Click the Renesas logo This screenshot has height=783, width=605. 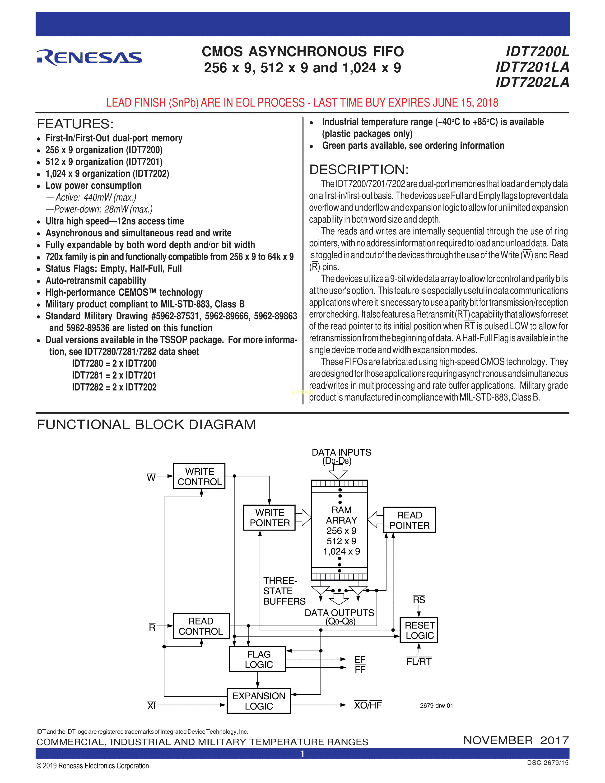pyautogui.click(x=89, y=57)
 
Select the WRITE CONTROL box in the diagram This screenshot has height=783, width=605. pyautogui.click(x=199, y=476)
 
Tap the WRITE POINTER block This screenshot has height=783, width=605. pyautogui.click(x=269, y=518)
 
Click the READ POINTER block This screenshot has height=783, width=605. pyautogui.click(x=409, y=520)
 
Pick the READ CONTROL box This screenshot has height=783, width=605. pyautogui.click(x=201, y=626)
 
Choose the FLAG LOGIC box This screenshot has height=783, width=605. pyautogui.click(x=258, y=659)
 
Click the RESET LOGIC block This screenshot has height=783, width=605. pyautogui.click(x=419, y=630)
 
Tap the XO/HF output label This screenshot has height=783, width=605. pyautogui.click(x=368, y=705)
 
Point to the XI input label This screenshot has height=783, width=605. pyautogui.click(x=152, y=706)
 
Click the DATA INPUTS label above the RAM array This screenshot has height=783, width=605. pyautogui.click(x=341, y=452)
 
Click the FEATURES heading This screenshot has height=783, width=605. pyautogui.click(x=75, y=124)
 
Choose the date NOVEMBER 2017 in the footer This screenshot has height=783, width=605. pyautogui.click(x=516, y=740)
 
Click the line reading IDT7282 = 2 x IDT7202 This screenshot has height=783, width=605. pyautogui.click(x=114, y=387)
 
